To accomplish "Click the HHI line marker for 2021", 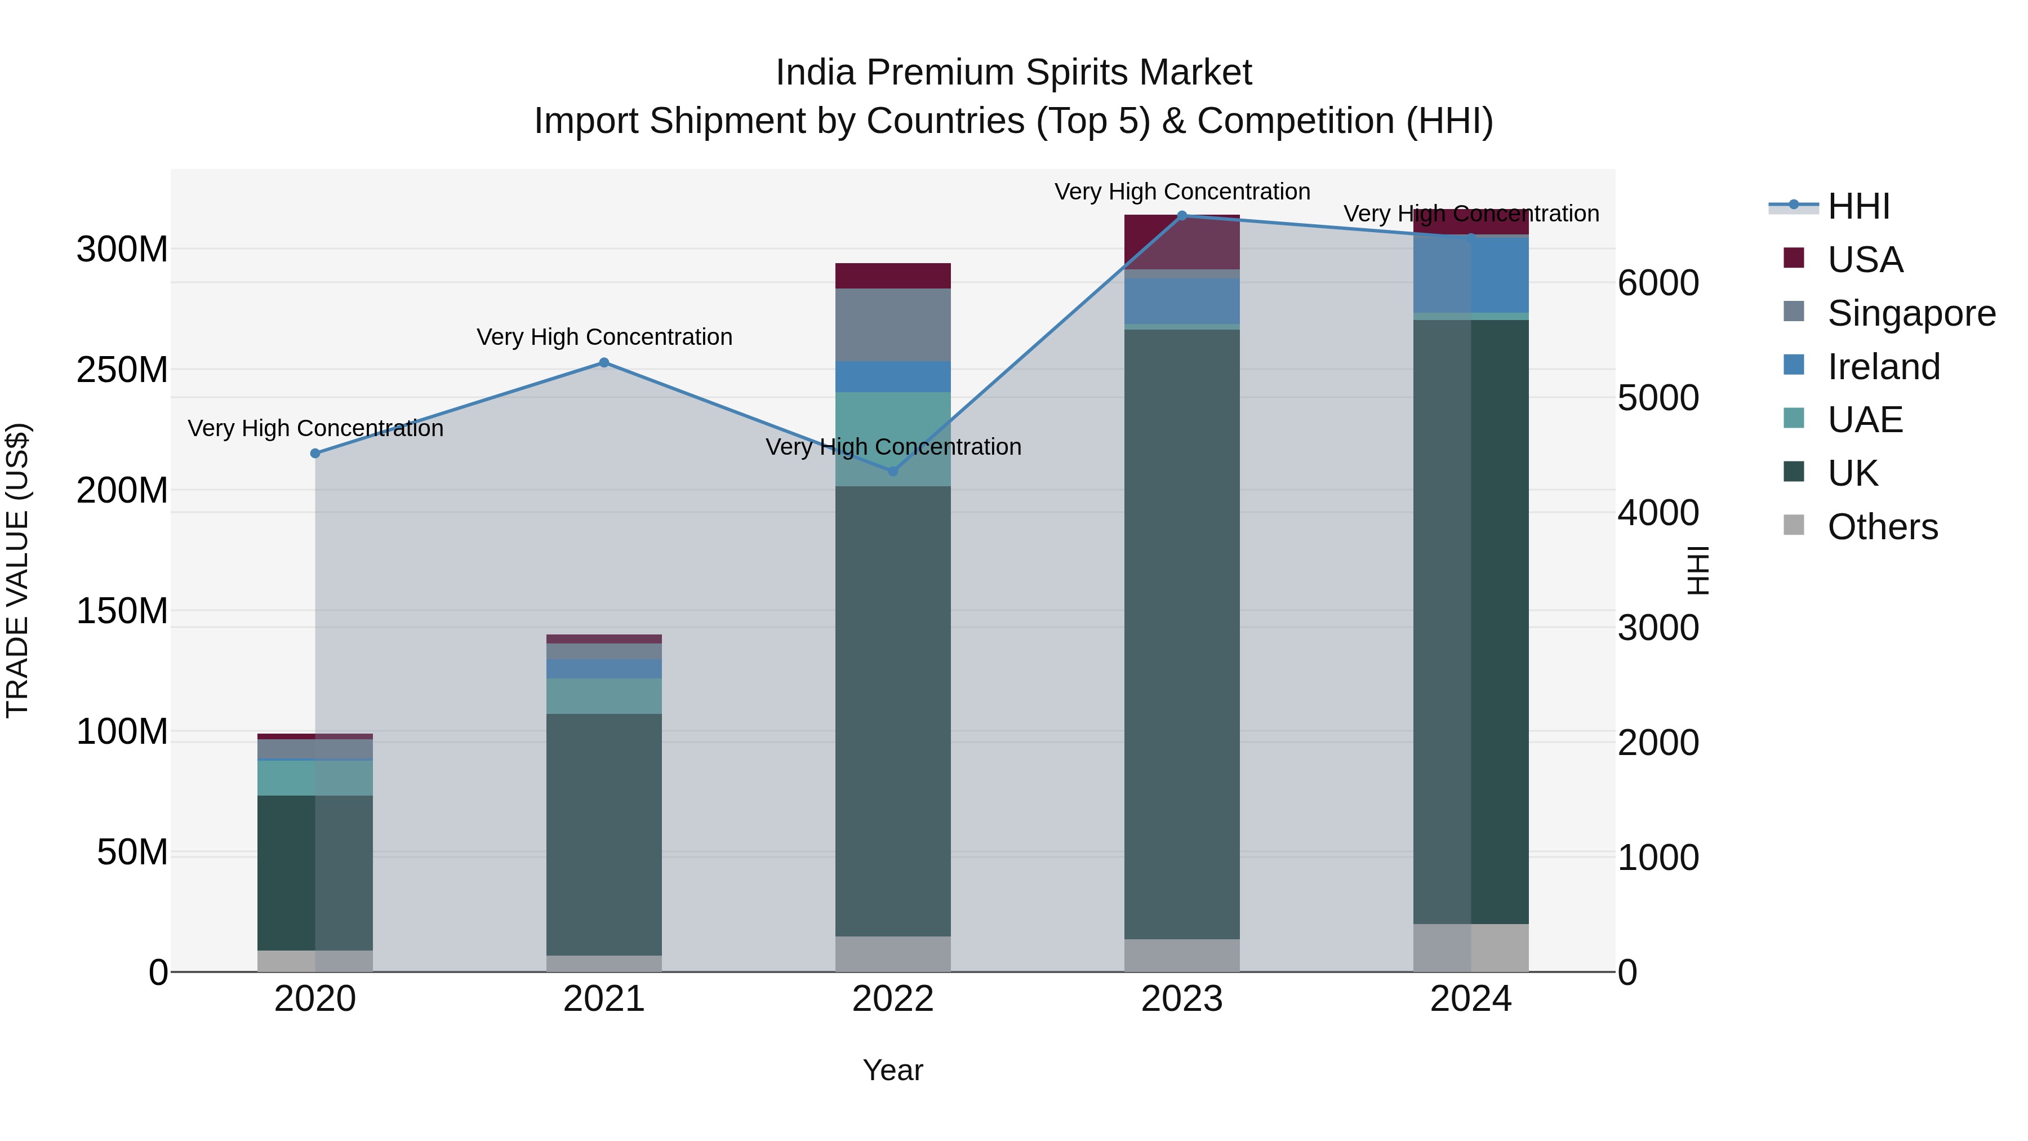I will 604,363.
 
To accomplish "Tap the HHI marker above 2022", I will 893,471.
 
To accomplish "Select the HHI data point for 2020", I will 315,454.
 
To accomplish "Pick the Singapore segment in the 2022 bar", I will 893,325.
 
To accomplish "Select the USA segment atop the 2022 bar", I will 893,276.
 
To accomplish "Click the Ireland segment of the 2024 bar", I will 1471,274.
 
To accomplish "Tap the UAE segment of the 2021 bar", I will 604,696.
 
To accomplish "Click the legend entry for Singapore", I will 1911,313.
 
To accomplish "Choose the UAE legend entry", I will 1864,420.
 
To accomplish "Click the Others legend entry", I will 1882,527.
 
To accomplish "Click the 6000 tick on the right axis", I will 1658,283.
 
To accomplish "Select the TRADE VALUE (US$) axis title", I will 17,570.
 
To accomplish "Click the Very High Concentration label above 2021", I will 604,337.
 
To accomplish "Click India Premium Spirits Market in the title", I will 1013,73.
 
